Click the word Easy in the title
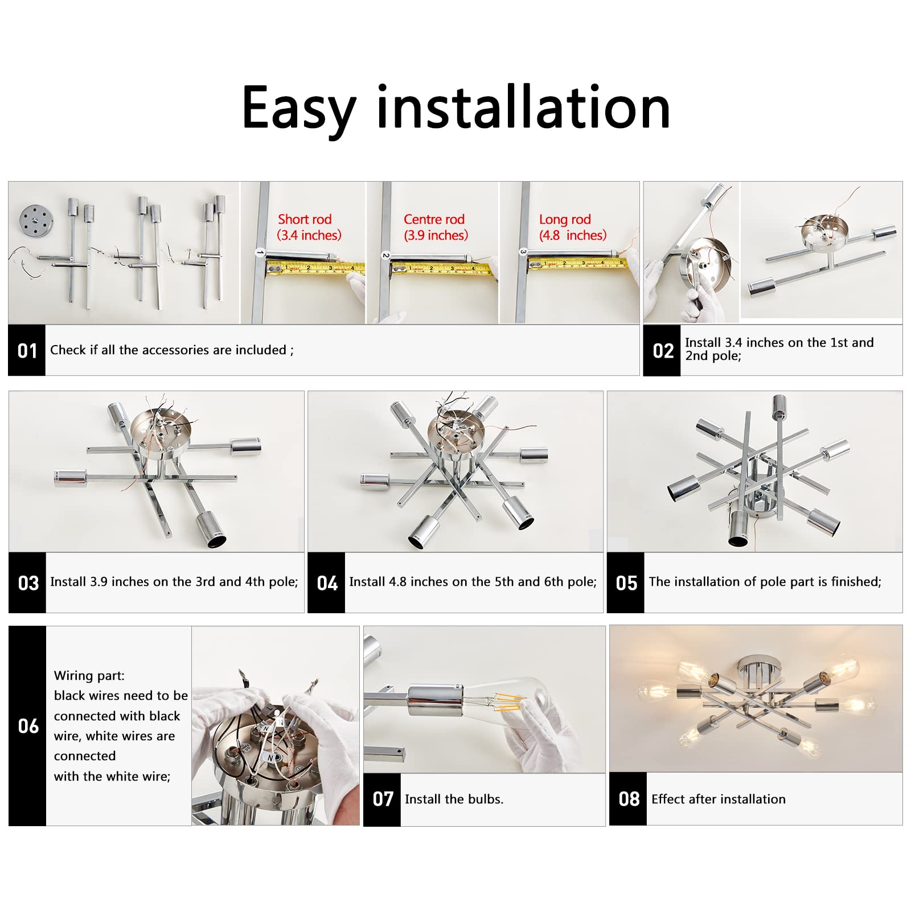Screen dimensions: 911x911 tap(298, 108)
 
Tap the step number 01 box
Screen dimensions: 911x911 tap(27, 351)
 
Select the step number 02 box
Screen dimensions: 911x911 tap(662, 351)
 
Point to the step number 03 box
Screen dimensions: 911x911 tap(27, 583)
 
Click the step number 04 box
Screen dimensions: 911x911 tap(326, 583)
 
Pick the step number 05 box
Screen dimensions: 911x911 tap(626, 583)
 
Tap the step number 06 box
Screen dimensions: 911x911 tap(27, 726)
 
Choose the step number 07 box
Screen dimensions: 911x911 tap(382, 799)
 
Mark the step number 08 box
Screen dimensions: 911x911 tap(629, 799)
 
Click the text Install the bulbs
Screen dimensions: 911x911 tap(454, 799)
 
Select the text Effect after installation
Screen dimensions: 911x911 tap(718, 799)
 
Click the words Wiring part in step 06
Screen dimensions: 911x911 tap(89, 676)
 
